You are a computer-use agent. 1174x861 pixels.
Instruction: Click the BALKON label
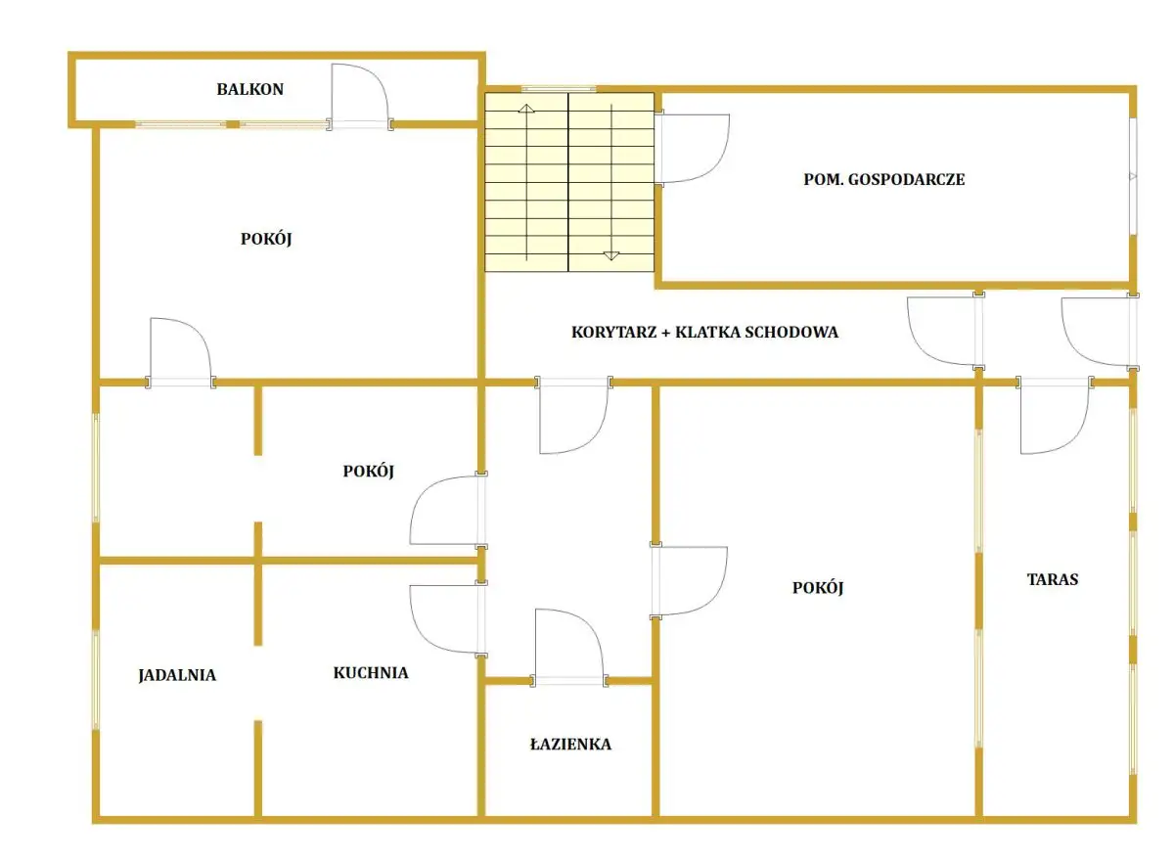point(250,89)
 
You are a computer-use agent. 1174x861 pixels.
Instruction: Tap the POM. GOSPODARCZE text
point(883,179)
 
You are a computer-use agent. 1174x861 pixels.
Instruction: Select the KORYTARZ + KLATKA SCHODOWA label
point(704,332)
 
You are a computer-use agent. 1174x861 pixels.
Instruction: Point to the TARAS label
point(1053,579)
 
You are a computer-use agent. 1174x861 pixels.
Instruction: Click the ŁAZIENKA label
point(570,745)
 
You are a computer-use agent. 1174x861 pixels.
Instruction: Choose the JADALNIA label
point(177,675)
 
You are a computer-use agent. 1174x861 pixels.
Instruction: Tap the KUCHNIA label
point(371,672)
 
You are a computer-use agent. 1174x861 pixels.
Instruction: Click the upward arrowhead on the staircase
point(526,109)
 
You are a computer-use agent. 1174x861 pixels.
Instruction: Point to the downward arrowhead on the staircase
point(611,255)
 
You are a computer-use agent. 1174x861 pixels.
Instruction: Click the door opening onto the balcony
point(360,98)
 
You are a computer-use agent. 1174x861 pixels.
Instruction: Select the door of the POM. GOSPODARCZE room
point(692,149)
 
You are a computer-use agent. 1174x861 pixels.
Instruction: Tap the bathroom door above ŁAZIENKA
point(569,648)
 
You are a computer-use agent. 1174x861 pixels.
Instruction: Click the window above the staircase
point(559,89)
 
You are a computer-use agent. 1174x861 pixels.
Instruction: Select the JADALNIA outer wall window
point(96,680)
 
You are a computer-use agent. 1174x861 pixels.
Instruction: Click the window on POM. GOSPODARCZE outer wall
point(1133,176)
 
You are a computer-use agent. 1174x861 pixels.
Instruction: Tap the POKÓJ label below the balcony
point(266,239)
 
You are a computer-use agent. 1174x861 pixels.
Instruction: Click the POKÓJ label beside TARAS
point(818,588)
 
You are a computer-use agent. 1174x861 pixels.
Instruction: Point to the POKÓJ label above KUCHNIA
point(368,472)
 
